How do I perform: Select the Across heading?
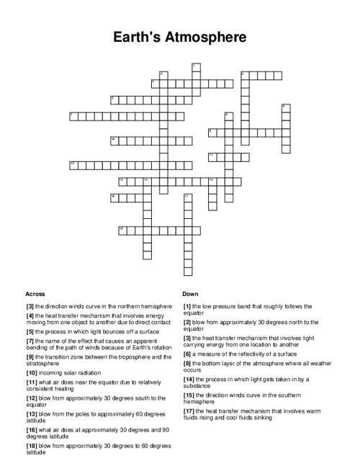point(35,294)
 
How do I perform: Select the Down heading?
point(190,294)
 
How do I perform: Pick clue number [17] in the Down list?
point(189,411)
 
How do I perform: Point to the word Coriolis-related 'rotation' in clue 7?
point(157,348)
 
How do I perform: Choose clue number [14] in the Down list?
point(189,378)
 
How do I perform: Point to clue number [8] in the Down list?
point(187,364)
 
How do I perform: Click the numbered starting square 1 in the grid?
point(195,67)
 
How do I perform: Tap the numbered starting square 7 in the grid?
point(73,115)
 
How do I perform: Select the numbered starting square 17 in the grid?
point(187,197)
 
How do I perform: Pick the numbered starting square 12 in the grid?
point(73,164)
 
